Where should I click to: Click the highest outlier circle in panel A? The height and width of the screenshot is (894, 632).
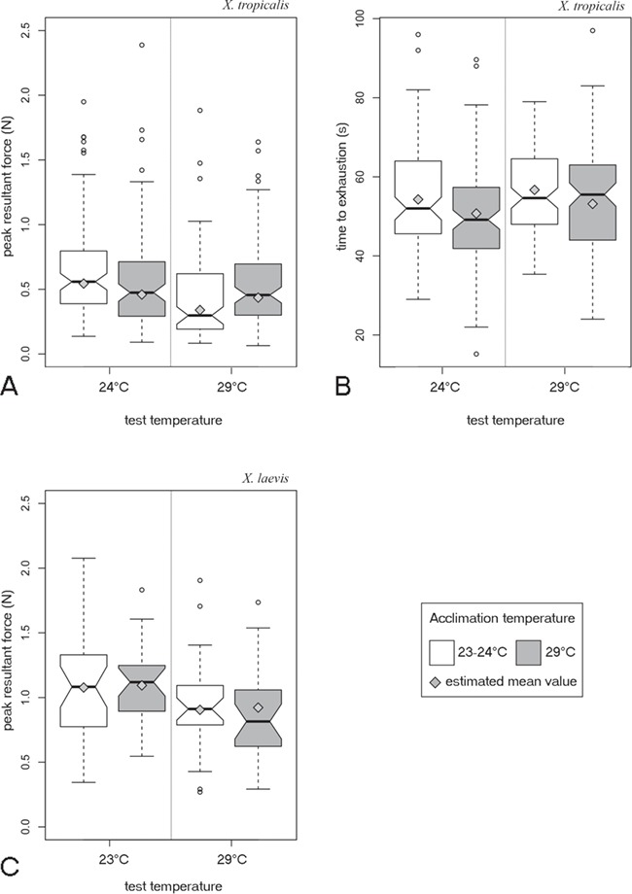(x=142, y=45)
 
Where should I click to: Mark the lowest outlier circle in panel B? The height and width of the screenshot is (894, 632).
(x=476, y=354)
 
